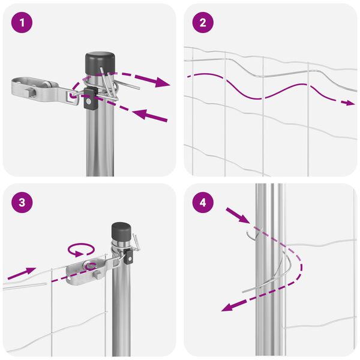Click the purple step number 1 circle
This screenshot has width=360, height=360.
click(x=22, y=23)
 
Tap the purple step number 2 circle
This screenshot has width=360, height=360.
click(x=203, y=23)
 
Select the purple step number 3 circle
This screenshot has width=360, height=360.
click(x=22, y=203)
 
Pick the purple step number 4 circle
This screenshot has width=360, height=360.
click(x=203, y=203)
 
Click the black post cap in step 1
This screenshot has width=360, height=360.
click(x=100, y=63)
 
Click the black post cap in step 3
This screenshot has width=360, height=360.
click(x=121, y=231)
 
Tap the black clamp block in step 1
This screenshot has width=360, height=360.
click(x=89, y=99)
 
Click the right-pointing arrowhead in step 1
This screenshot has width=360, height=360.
click(x=163, y=82)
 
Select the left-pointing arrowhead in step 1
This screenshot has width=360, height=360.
click(x=140, y=114)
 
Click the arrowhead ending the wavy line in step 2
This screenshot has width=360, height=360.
click(x=350, y=103)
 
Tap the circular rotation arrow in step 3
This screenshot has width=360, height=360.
click(x=81, y=250)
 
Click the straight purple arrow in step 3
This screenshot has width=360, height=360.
click(x=22, y=273)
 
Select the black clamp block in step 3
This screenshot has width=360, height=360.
click(x=129, y=257)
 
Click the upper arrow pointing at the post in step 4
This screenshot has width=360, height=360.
click(x=238, y=215)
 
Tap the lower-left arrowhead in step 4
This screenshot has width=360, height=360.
click(x=229, y=307)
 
